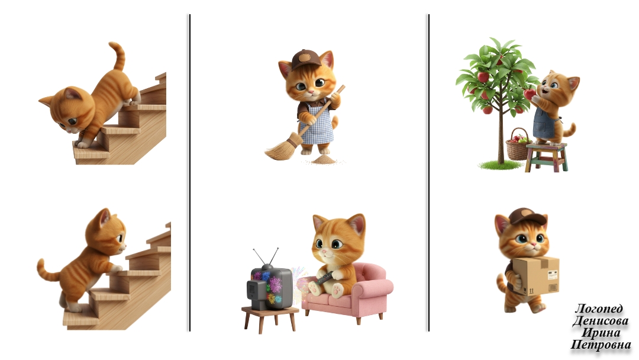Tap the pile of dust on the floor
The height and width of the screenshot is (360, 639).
324,159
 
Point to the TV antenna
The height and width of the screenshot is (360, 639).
266,257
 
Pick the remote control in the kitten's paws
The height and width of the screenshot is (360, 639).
325,278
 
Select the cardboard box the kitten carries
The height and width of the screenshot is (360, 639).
535,276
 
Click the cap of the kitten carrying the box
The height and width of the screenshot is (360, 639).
527,217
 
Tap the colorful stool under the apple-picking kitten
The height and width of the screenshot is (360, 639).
546,157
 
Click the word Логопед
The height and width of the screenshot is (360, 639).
598,308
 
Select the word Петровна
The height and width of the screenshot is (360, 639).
601,345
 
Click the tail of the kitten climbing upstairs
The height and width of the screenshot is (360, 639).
48,271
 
